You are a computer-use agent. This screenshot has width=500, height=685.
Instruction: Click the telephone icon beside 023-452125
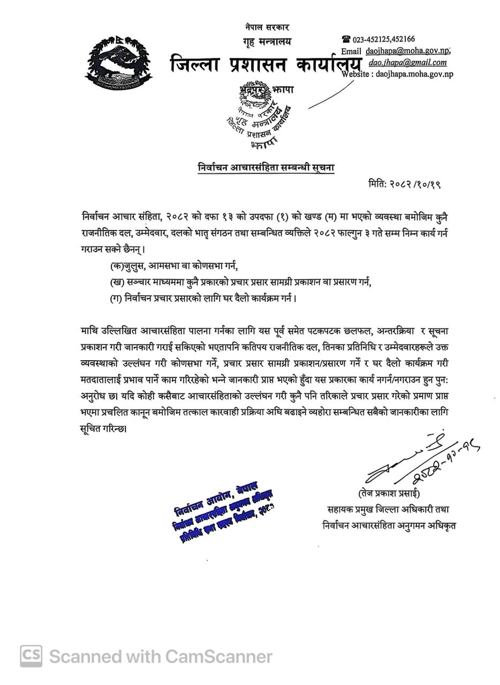click(x=346, y=39)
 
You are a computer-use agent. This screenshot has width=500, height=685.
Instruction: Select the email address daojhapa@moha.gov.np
click(x=407, y=51)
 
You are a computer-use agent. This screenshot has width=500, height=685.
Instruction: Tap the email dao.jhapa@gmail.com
click(x=407, y=62)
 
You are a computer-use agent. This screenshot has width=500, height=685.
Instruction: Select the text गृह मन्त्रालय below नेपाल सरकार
click(x=267, y=41)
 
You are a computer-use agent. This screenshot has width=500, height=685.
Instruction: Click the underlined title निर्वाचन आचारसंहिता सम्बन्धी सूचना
click(x=266, y=168)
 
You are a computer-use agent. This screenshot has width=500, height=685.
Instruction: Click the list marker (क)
click(x=116, y=265)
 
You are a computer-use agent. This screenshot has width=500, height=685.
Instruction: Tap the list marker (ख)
click(x=117, y=282)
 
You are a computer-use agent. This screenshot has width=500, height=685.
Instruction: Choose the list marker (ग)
click(x=116, y=298)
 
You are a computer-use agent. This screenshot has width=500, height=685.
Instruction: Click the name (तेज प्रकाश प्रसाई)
click(x=389, y=493)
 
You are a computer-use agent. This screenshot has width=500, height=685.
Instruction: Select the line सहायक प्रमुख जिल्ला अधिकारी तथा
click(x=389, y=509)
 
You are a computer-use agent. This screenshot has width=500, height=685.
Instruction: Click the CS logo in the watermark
click(x=32, y=656)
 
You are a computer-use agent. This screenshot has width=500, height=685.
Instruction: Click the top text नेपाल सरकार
click(x=267, y=27)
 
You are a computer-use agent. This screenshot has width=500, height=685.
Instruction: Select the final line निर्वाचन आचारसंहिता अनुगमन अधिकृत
click(x=389, y=526)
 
